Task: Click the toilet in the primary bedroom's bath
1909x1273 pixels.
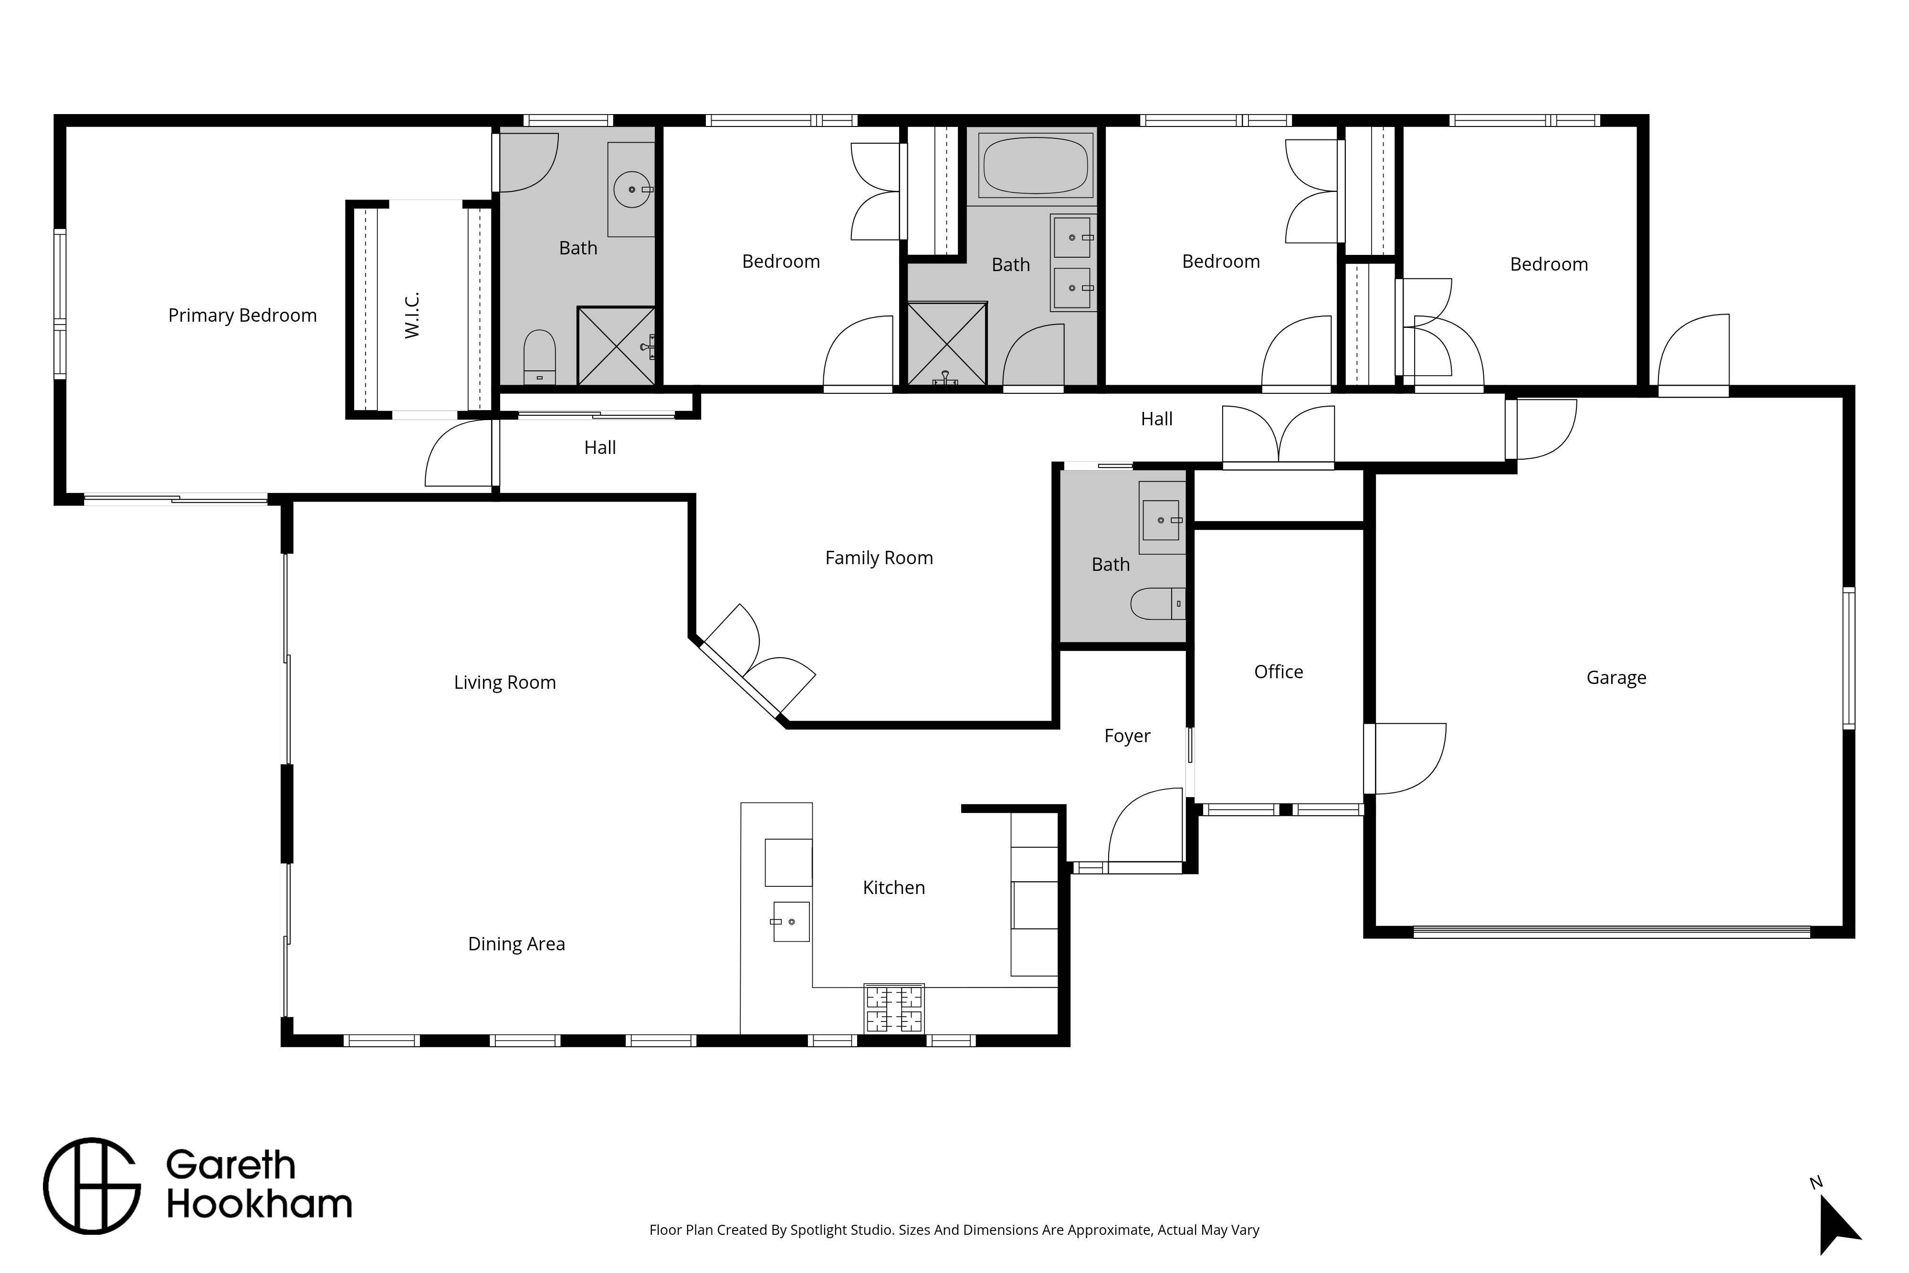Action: [x=539, y=357]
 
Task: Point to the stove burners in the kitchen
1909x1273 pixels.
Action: [x=894, y=1009]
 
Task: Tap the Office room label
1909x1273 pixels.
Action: [x=1279, y=672]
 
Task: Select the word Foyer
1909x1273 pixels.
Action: [x=1127, y=736]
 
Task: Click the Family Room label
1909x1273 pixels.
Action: [x=879, y=558]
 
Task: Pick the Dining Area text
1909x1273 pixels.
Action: [x=516, y=944]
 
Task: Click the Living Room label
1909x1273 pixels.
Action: [x=505, y=683]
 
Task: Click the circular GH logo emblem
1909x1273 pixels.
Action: [x=92, y=1186]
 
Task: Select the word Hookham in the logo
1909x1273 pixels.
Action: [x=259, y=1205]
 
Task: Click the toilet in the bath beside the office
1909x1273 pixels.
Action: [x=1158, y=603]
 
